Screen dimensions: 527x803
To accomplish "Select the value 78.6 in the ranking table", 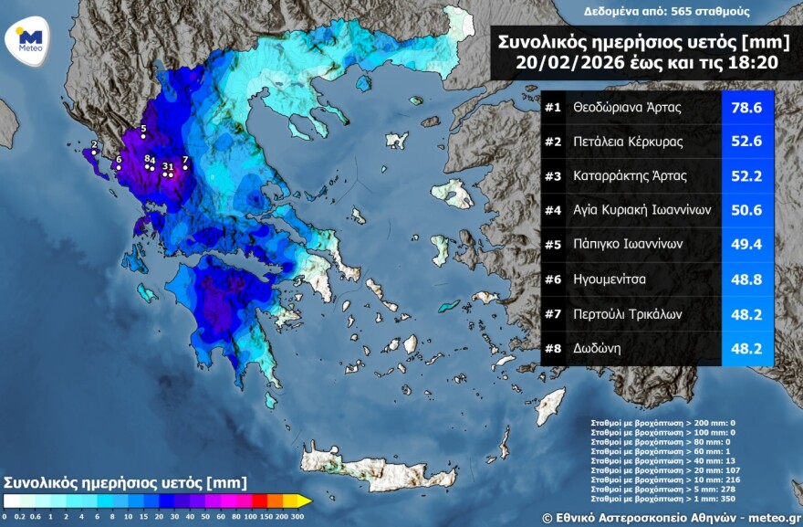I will point(746,108).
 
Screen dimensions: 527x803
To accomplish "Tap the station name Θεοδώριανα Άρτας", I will point(628,108).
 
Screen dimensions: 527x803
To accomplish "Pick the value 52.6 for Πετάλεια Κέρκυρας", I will point(746,142).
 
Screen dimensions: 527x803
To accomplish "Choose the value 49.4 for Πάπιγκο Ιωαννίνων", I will point(746,245).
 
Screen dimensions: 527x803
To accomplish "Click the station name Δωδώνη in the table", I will point(599,348).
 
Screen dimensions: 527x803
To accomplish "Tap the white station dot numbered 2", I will point(94,153).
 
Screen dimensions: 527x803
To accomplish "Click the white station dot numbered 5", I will point(143,137).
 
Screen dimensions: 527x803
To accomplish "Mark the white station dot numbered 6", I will point(118,168).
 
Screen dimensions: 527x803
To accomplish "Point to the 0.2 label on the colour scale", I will point(21,517).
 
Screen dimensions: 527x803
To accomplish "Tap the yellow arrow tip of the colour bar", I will point(308,501).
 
